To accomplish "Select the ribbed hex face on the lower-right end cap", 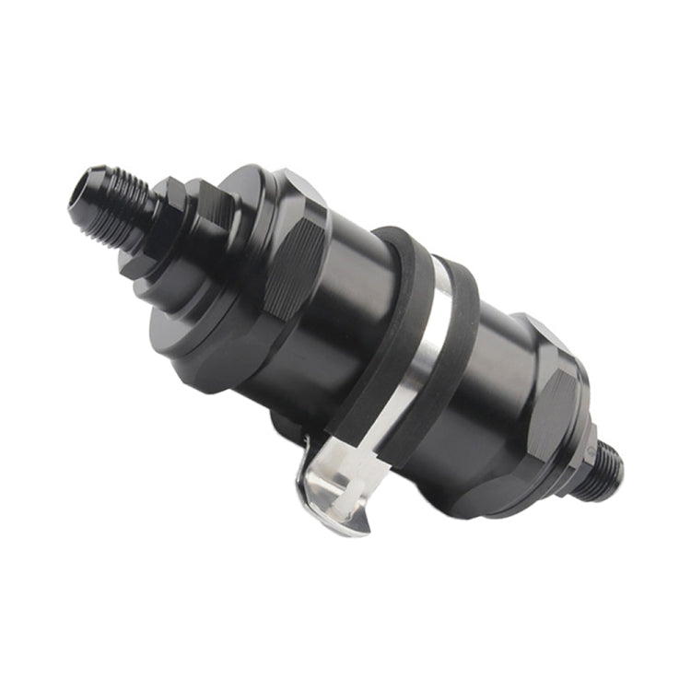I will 550,405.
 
